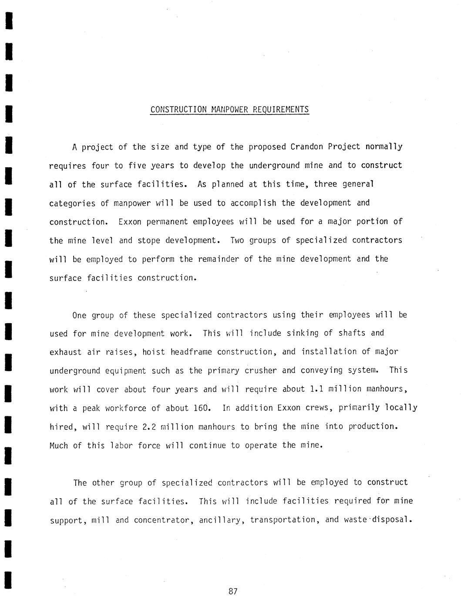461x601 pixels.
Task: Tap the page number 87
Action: coord(232,591)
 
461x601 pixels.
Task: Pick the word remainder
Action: coord(218,259)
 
